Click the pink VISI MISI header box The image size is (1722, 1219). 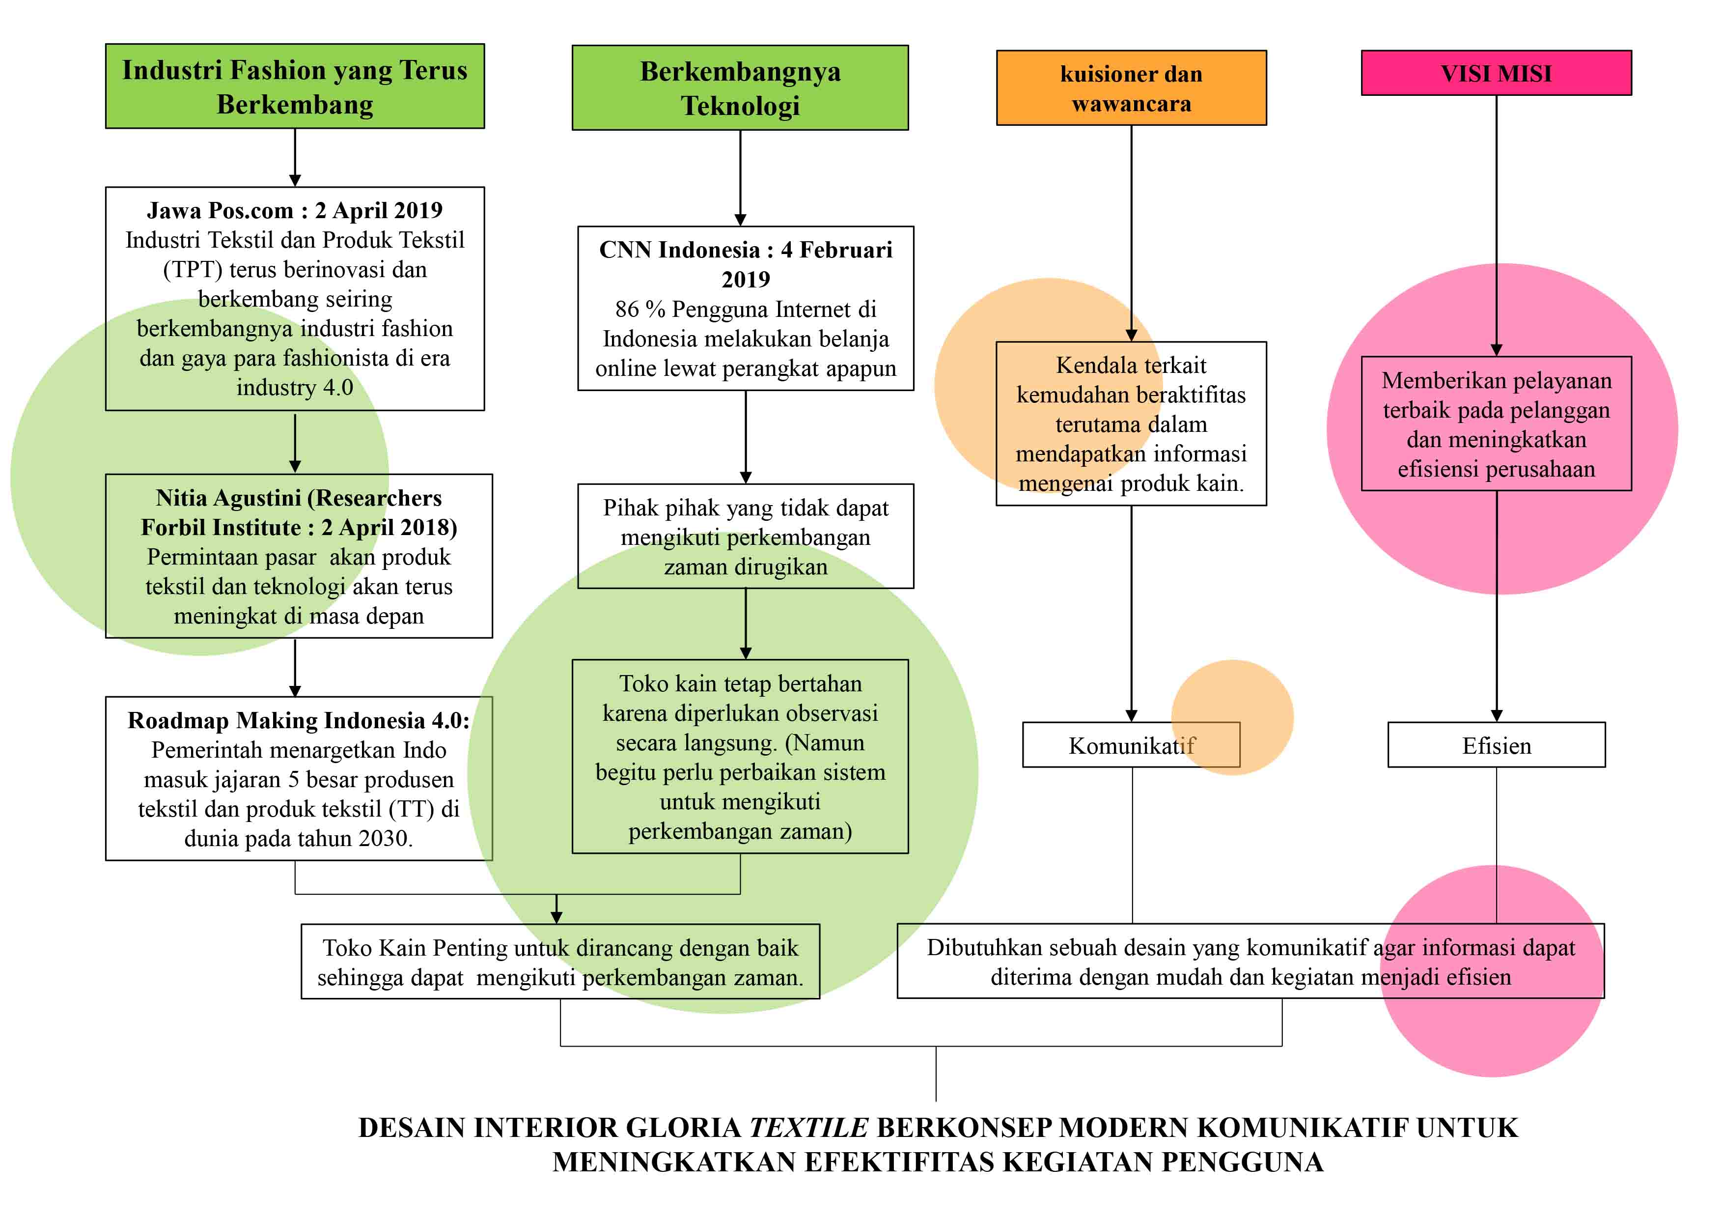pyautogui.click(x=1496, y=73)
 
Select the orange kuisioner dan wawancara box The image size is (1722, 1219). pyautogui.click(x=1131, y=88)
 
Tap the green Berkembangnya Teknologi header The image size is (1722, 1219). pyautogui.click(x=740, y=88)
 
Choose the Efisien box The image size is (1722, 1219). pyautogui.click(x=1496, y=745)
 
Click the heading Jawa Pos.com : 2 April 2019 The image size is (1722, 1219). pyautogui.click(x=295, y=210)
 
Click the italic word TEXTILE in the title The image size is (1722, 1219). pyautogui.click(x=808, y=1128)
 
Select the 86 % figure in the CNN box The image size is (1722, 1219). pyautogui.click(x=639, y=309)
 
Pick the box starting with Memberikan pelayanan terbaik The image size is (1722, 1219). pyautogui.click(x=1496, y=424)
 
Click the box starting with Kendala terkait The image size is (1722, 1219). pyautogui.click(x=1131, y=424)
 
